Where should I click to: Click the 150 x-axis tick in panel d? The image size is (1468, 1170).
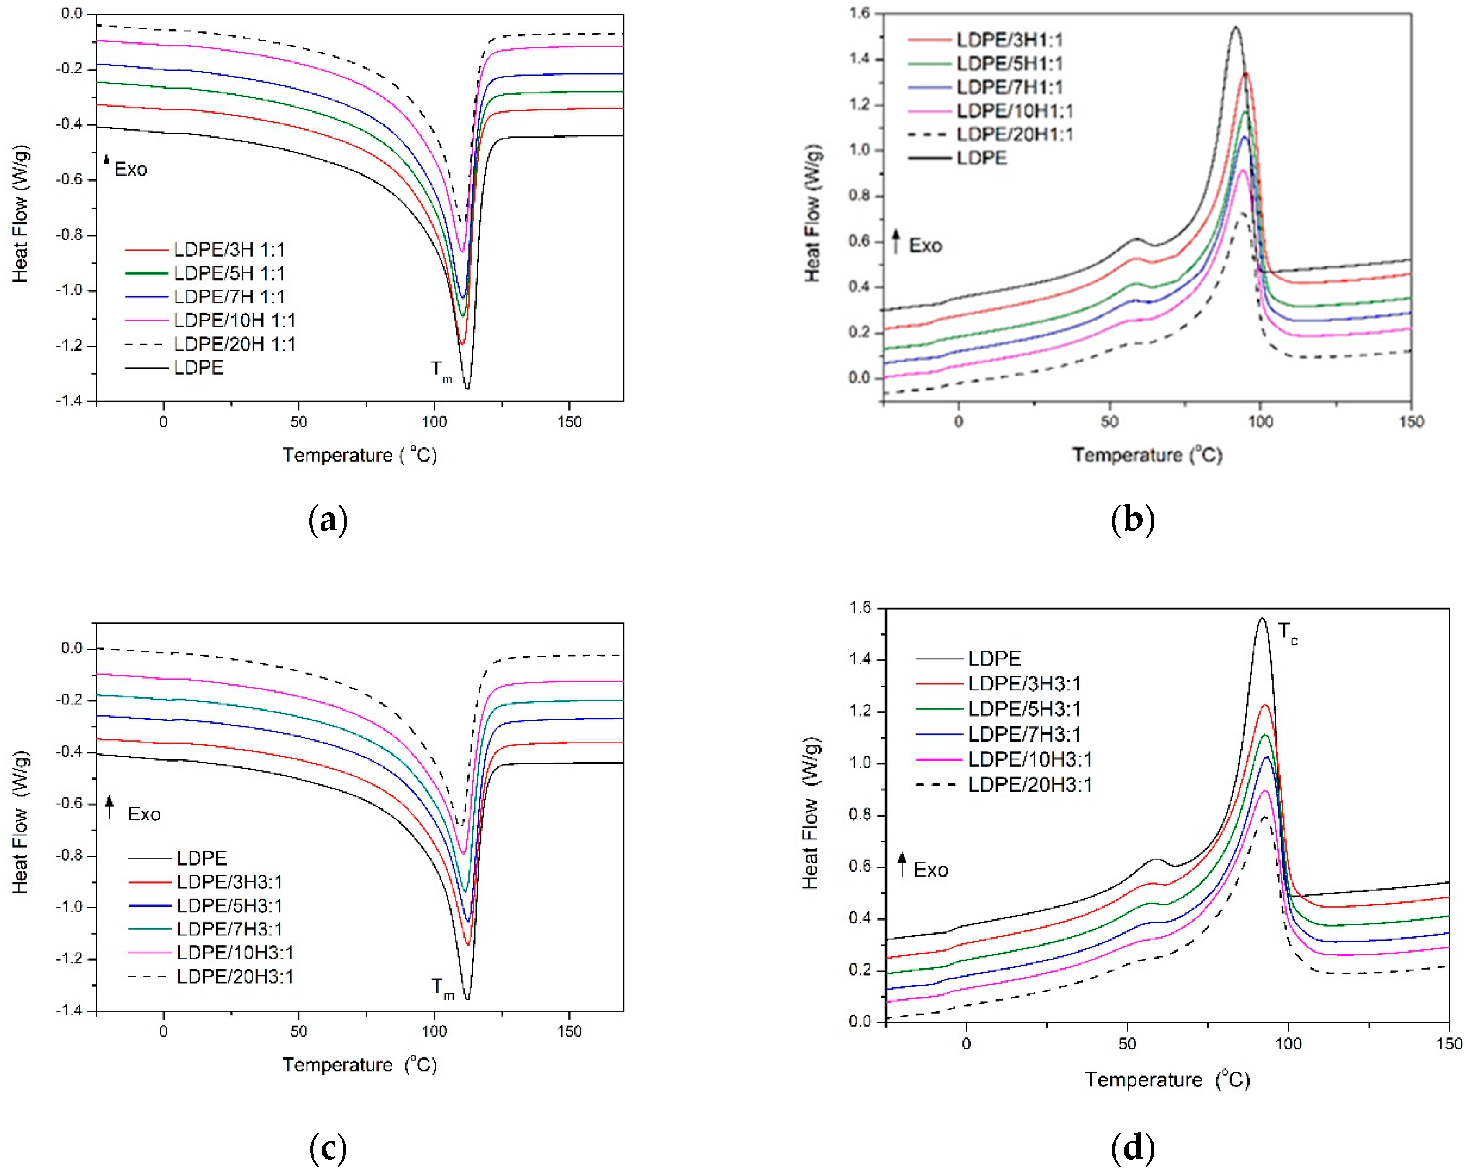1449,1044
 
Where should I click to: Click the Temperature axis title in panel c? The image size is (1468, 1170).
359,1064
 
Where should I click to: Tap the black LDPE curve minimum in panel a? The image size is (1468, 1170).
467,388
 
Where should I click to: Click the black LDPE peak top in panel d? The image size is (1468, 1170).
1261,618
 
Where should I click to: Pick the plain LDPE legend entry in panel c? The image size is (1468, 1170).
201,858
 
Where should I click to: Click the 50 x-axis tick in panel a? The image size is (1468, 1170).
298,422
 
